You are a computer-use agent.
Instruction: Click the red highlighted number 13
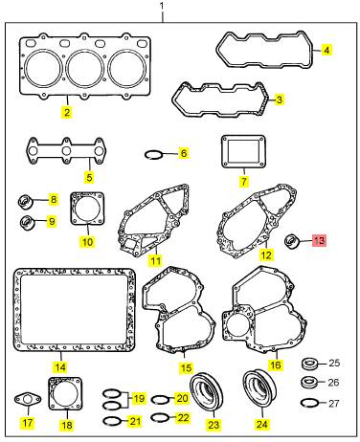[x=319, y=240]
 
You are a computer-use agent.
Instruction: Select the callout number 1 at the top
[x=162, y=6]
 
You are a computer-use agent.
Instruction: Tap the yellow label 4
[x=326, y=50]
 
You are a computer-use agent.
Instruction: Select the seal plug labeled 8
[x=26, y=202]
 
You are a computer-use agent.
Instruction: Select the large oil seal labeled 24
[x=259, y=388]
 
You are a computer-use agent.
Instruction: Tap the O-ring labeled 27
[x=309, y=403]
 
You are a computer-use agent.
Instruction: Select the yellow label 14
[x=60, y=367]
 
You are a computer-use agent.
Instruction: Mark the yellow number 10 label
[x=87, y=242]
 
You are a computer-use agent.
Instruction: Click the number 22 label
[x=183, y=418]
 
